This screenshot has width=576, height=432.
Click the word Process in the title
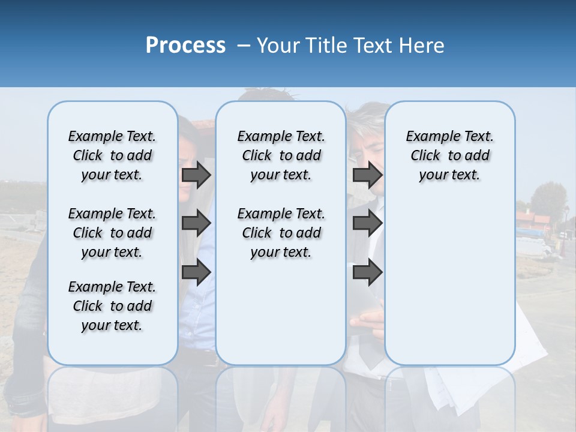coord(185,46)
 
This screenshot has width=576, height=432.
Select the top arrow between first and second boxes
coord(196,175)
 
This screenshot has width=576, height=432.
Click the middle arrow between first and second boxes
coord(196,223)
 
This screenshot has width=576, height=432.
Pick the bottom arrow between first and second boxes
coord(196,272)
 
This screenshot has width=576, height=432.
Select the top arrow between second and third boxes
coord(367,175)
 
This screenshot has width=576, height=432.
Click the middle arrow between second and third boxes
coord(367,223)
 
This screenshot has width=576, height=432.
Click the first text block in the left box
coord(112,155)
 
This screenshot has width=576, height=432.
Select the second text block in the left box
coord(112,233)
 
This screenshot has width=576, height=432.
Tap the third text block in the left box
coord(112,306)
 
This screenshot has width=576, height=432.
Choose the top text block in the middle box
coord(281,155)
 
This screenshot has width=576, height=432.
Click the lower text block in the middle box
coord(281,233)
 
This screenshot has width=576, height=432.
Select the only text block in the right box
coord(449,155)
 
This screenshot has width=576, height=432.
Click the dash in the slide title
coord(244,46)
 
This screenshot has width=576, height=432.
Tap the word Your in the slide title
coord(278,46)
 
